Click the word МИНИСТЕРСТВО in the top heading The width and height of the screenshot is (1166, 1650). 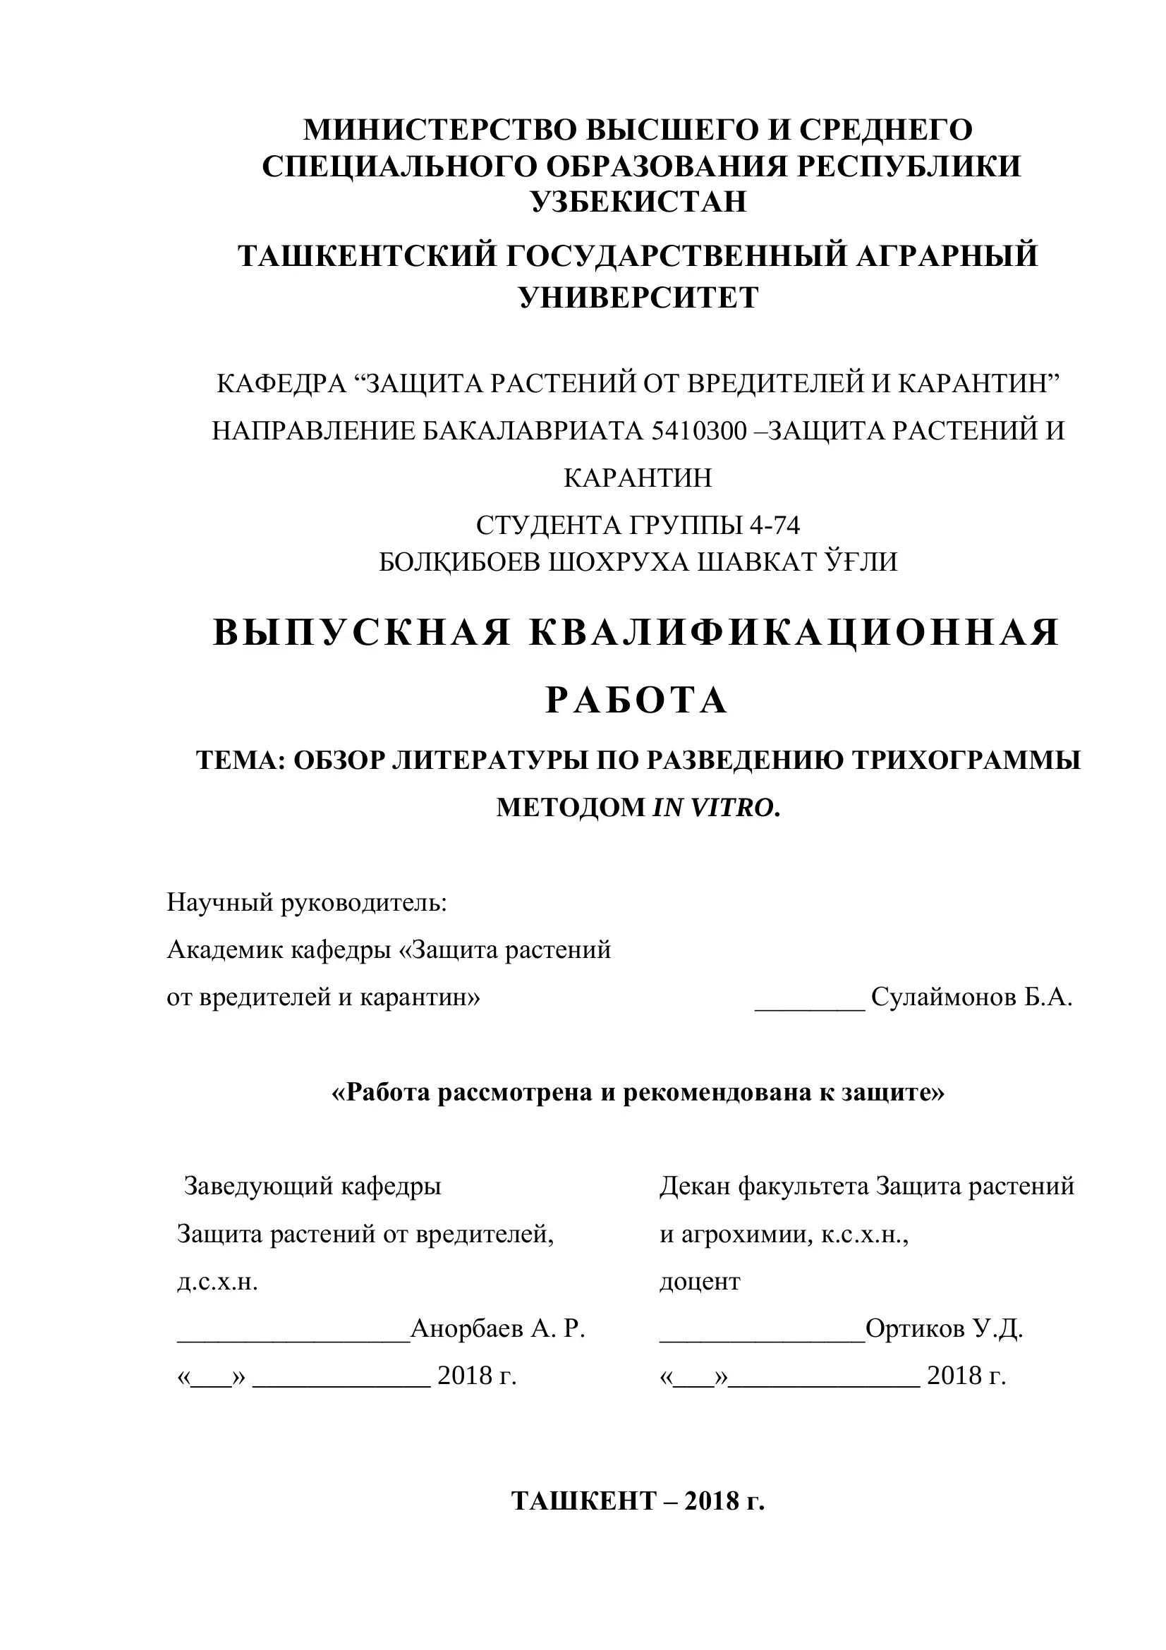439,130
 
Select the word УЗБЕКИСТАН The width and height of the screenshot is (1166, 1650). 638,201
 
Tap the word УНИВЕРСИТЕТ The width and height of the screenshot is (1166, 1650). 638,297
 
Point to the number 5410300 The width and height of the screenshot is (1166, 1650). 699,430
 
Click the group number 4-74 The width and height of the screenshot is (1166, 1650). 775,526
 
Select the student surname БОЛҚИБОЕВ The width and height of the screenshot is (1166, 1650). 461,562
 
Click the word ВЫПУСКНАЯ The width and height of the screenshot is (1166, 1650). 362,633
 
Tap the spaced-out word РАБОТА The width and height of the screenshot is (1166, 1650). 637,700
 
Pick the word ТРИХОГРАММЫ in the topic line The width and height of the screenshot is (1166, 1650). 966,760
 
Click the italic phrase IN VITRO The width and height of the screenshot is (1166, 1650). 715,808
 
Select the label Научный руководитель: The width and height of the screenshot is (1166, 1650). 307,902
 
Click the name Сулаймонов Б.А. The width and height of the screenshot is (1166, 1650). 971,997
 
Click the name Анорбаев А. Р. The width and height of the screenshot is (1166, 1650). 498,1329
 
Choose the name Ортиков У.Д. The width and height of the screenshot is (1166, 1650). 944,1329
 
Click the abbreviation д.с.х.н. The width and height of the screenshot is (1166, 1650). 217,1281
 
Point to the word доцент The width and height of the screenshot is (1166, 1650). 700,1281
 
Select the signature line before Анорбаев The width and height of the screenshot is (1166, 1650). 293,1338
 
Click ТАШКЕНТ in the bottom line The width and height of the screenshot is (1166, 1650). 584,1501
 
